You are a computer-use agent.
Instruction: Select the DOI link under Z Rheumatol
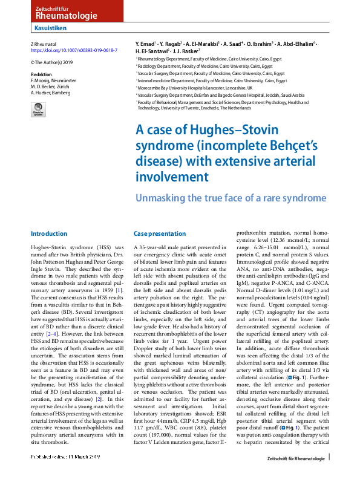pyautogui.click(x=67, y=51)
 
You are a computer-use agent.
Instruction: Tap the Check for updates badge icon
pyautogui.click(x=38, y=109)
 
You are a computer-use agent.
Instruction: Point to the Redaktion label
pyautogui.click(x=41, y=72)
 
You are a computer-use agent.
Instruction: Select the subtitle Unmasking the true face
pyautogui.click(x=223, y=198)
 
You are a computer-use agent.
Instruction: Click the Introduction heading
pyautogui.click(x=48, y=233)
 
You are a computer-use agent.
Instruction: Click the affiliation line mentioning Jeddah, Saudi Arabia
pyautogui.click(x=221, y=95)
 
